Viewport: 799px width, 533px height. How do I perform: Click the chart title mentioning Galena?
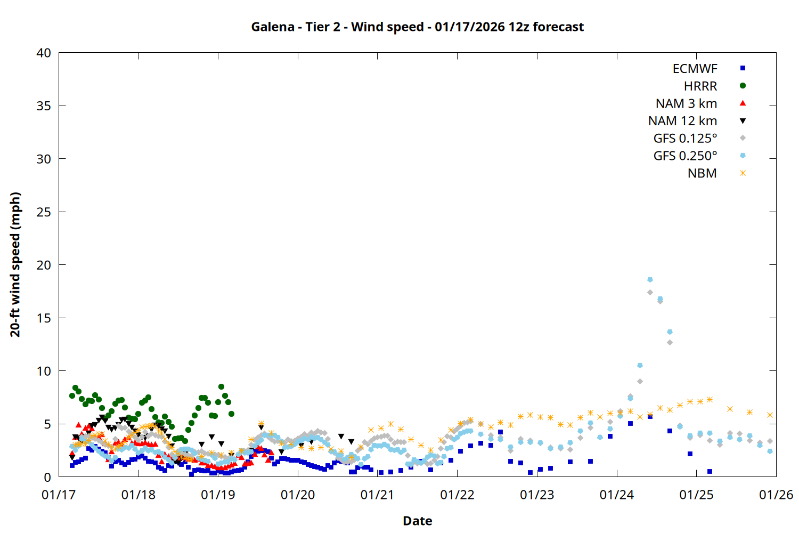[417, 27]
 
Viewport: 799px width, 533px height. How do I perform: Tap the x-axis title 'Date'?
[417, 521]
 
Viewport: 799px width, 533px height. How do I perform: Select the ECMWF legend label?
[695, 69]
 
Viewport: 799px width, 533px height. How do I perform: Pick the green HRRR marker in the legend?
[743, 86]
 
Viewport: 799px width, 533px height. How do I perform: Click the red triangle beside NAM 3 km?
[743, 103]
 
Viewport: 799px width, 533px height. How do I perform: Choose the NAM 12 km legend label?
[682, 121]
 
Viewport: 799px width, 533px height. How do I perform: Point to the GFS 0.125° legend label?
[685, 139]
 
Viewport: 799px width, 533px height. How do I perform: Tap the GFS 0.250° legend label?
[685, 156]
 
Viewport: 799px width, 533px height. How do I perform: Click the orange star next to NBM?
[743, 173]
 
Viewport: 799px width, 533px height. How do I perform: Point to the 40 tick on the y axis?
[44, 53]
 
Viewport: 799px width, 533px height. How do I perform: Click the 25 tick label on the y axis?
[44, 212]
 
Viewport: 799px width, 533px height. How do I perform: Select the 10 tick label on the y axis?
[44, 371]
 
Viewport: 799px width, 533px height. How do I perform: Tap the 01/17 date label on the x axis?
[59, 495]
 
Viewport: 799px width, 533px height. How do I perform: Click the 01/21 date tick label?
[377, 495]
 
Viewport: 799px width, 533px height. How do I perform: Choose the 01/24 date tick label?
[616, 495]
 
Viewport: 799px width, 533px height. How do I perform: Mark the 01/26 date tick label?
[776, 495]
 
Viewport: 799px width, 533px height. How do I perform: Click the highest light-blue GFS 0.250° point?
[650, 280]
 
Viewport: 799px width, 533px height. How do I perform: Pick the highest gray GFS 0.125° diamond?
[650, 292]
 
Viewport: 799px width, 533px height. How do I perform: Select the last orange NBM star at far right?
[770, 415]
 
